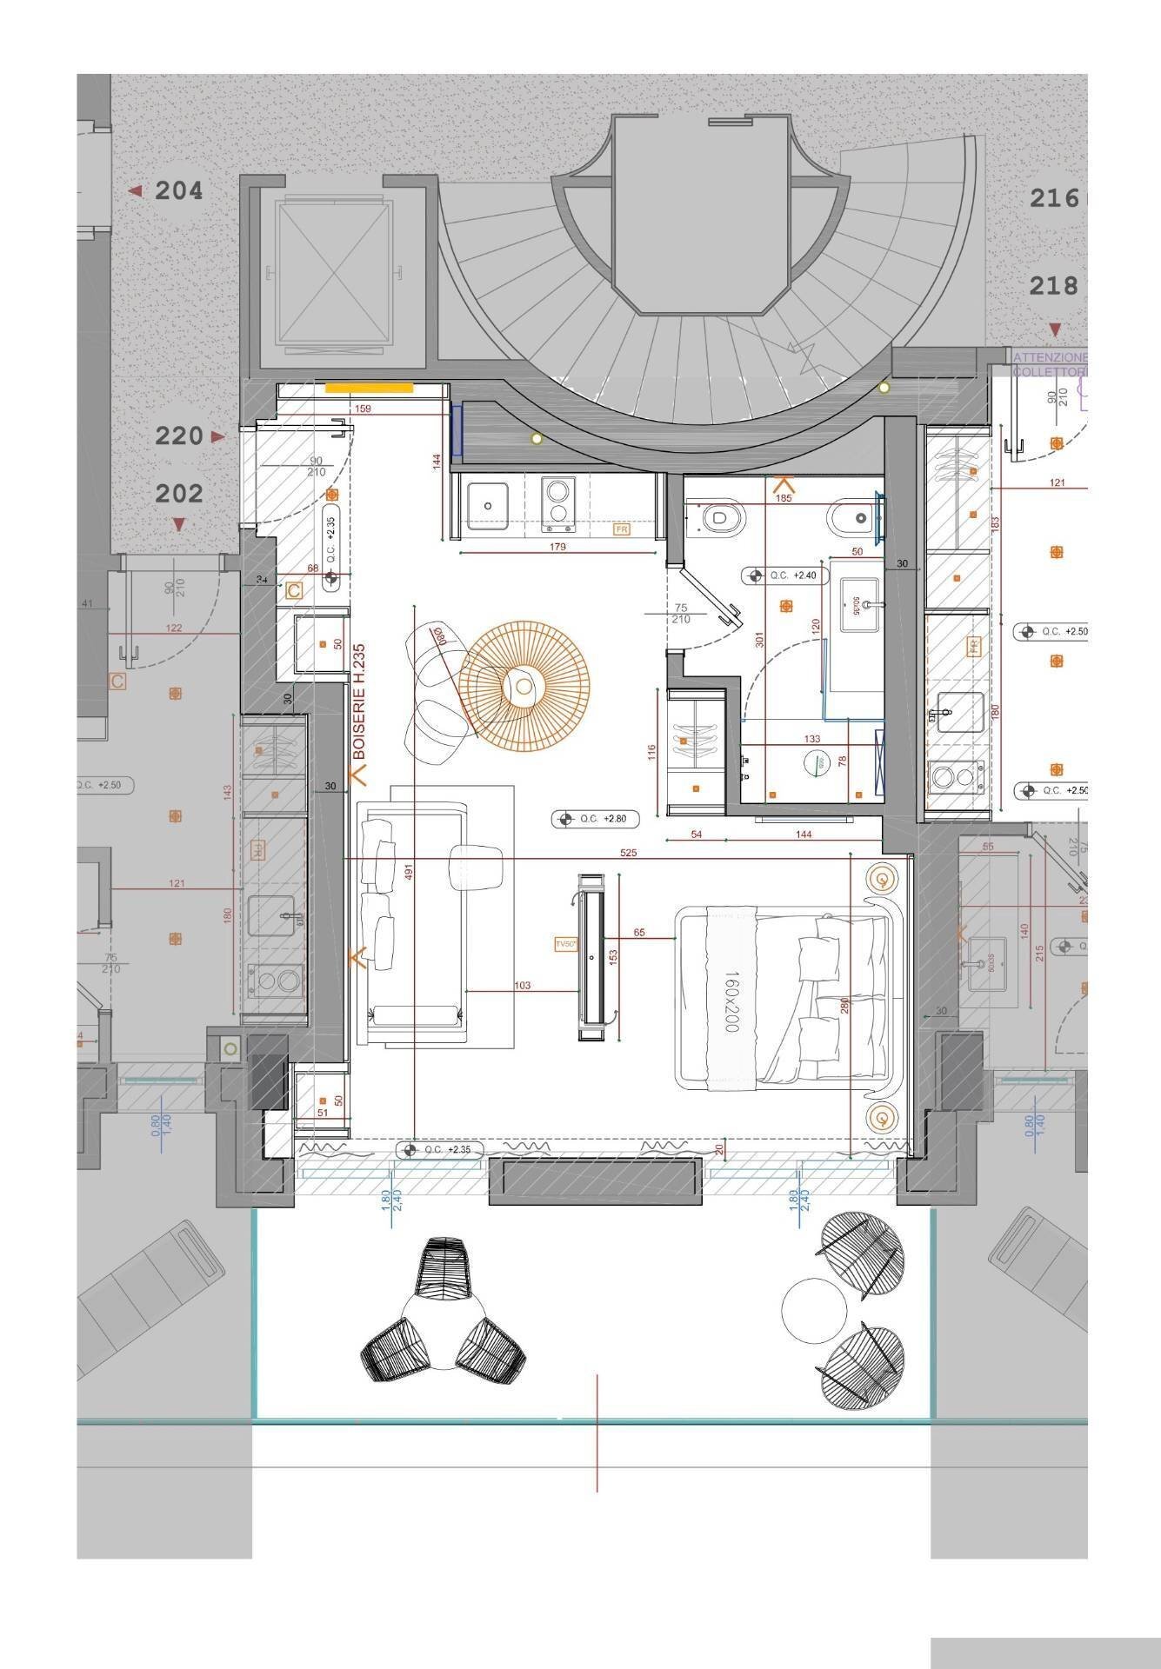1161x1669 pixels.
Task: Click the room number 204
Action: (x=178, y=190)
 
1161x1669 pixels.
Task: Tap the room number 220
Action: (x=179, y=436)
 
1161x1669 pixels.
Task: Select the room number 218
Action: (x=1053, y=285)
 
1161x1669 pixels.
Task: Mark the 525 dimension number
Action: (x=628, y=853)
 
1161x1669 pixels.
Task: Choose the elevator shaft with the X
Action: (x=328, y=272)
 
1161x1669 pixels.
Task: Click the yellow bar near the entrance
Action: (x=369, y=389)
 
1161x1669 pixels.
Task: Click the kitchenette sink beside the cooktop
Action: (x=489, y=504)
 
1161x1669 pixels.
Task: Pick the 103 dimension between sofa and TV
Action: (x=522, y=986)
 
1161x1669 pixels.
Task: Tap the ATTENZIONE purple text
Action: (x=1051, y=357)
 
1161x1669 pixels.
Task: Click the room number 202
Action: (x=179, y=494)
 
